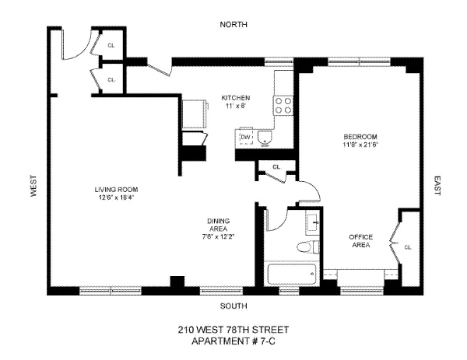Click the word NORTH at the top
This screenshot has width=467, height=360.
[233, 25]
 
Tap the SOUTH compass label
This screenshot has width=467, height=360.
[233, 306]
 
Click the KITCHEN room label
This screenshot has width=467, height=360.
[234, 98]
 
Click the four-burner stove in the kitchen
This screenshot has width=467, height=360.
[283, 104]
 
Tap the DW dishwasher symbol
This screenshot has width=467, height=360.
[246, 138]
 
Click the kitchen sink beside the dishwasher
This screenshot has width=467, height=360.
[265, 138]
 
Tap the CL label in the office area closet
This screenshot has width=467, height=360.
[408, 247]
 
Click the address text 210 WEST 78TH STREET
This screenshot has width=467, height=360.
[233, 330]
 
